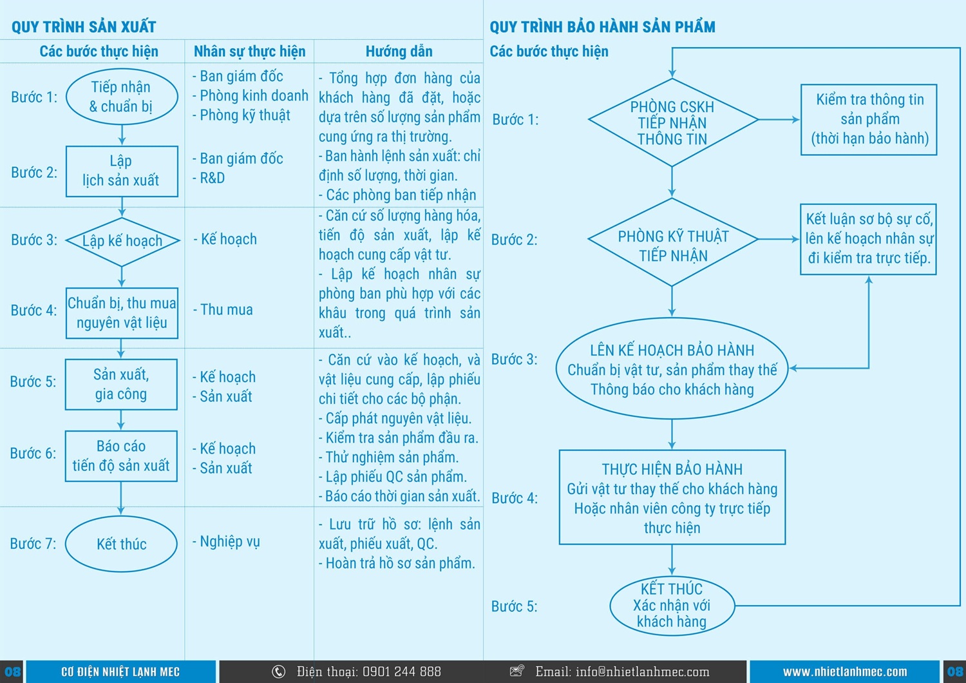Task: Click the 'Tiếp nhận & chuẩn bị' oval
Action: tap(121, 97)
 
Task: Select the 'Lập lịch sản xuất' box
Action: tap(122, 171)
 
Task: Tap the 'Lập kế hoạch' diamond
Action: tap(122, 241)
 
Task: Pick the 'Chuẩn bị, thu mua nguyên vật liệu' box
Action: tap(122, 313)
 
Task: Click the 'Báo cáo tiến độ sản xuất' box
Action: tap(121, 456)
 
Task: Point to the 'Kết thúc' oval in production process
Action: tap(121, 544)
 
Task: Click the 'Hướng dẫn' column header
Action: tap(399, 52)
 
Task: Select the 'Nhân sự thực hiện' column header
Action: tap(249, 52)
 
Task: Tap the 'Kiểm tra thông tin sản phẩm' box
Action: tap(869, 119)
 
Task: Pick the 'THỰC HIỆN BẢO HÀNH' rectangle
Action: tap(672, 497)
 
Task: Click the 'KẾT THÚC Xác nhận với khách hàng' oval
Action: tap(672, 605)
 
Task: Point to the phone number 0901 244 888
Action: tap(401, 672)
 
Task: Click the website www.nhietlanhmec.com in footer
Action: tap(844, 672)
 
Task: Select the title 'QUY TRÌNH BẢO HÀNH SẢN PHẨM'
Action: tap(602, 27)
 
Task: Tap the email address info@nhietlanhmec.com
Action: tap(642, 672)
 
